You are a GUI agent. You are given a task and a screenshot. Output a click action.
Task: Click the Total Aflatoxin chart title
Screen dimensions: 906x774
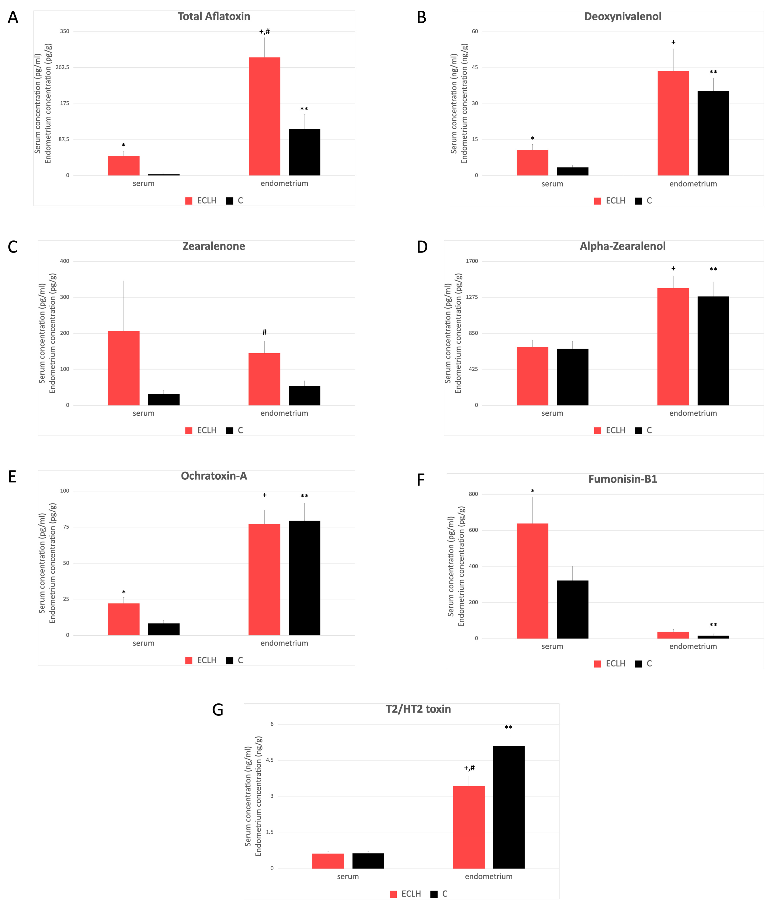pyautogui.click(x=214, y=17)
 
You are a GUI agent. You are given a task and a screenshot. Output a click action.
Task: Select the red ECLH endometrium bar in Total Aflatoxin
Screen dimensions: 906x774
pyautogui.click(x=264, y=116)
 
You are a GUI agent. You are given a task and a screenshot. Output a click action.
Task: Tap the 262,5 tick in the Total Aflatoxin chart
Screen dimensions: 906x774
pyautogui.click(x=62, y=67)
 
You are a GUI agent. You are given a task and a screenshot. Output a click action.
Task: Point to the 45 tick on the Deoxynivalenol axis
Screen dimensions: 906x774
pyautogui.click(x=475, y=67)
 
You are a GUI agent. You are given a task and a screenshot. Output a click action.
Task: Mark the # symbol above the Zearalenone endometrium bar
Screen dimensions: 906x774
pyautogui.click(x=264, y=332)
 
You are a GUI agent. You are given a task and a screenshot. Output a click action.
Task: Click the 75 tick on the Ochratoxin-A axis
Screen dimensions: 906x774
pyautogui.click(x=66, y=527)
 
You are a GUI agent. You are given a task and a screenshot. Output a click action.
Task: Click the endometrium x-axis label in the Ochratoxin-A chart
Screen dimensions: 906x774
pyautogui.click(x=284, y=643)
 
